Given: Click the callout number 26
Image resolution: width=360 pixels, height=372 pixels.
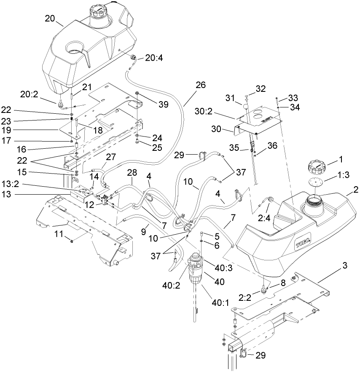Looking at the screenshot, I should coord(200,85).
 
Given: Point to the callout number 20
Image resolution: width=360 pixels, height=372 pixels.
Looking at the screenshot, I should coord(50,19).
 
